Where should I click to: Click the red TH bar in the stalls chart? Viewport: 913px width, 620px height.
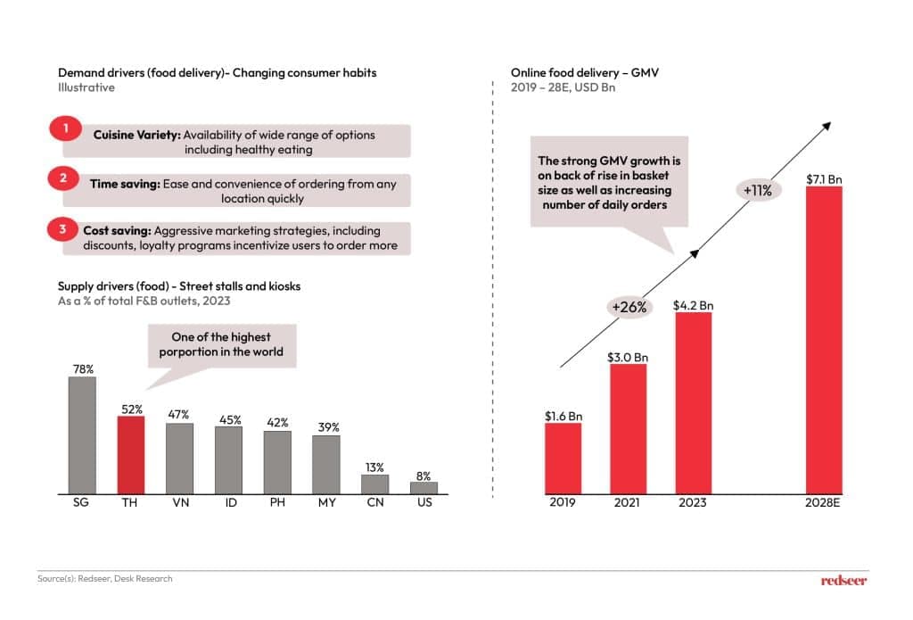pyautogui.click(x=131, y=455)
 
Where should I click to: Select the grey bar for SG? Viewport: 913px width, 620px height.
pyautogui.click(x=82, y=435)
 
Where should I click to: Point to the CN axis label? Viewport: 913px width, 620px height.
pyautogui.click(x=374, y=504)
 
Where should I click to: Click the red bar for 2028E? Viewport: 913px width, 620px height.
pyautogui.click(x=824, y=339)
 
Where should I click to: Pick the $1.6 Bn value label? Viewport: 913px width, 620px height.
pyautogui.click(x=563, y=416)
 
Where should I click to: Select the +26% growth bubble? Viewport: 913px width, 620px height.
pyautogui.click(x=629, y=306)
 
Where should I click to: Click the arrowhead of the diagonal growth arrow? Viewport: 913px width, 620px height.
pyautogui.click(x=827, y=127)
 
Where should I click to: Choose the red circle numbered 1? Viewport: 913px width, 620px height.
pyautogui.click(x=64, y=129)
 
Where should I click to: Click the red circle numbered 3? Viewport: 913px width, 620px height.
pyautogui.click(x=62, y=229)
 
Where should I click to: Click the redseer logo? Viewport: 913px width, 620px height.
pyautogui.click(x=843, y=580)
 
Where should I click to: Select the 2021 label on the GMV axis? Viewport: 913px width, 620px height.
pyautogui.click(x=628, y=503)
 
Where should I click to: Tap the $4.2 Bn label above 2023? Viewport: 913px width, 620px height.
pyautogui.click(x=693, y=305)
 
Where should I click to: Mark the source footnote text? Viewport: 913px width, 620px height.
pyautogui.click(x=105, y=579)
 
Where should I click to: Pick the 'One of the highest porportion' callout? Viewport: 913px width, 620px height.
pyautogui.click(x=221, y=344)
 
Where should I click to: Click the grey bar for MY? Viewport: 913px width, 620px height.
pyautogui.click(x=326, y=465)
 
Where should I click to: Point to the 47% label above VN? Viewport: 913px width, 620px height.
pyautogui.click(x=179, y=415)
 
